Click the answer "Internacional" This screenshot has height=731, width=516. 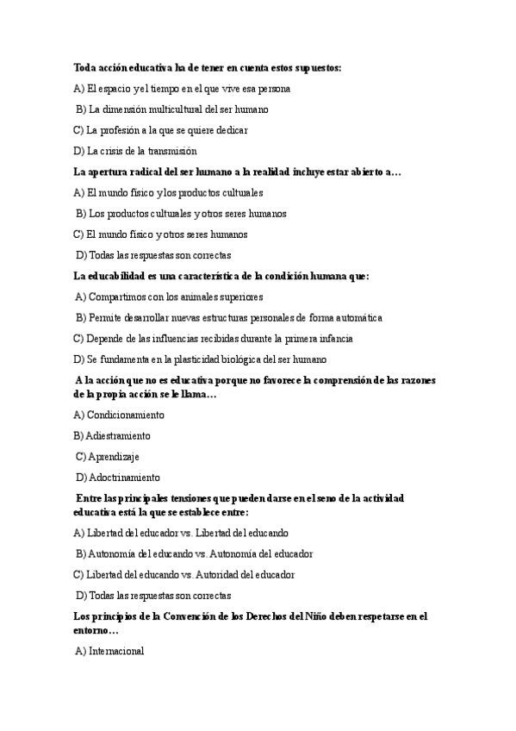click(x=116, y=651)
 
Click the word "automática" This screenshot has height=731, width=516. click(x=357, y=317)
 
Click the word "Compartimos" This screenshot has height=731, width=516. click(x=119, y=297)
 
